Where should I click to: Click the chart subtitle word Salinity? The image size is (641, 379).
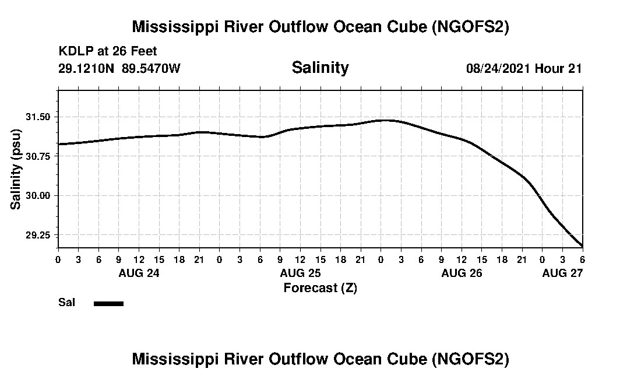320,68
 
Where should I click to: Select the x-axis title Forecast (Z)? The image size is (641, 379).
320,287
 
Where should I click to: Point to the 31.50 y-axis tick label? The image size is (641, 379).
39,117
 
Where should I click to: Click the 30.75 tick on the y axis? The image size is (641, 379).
39,156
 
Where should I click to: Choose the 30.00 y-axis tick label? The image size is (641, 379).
39,195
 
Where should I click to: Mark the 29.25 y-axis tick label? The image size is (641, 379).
39,235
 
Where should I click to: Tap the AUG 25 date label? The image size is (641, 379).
300,273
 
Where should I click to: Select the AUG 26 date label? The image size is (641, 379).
462,273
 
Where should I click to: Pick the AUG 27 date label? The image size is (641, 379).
562,273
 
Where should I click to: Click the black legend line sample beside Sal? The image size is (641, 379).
108,303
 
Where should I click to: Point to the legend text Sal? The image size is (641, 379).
66,303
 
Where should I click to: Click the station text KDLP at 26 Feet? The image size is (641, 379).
108,52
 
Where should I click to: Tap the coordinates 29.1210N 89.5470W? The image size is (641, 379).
119,68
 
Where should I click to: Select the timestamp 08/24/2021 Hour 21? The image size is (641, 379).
524,68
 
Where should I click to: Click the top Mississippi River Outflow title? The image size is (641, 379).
320,27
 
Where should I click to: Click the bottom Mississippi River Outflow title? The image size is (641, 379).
320,359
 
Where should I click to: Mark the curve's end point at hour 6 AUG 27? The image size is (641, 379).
582,245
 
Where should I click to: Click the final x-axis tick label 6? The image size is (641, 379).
582,259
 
